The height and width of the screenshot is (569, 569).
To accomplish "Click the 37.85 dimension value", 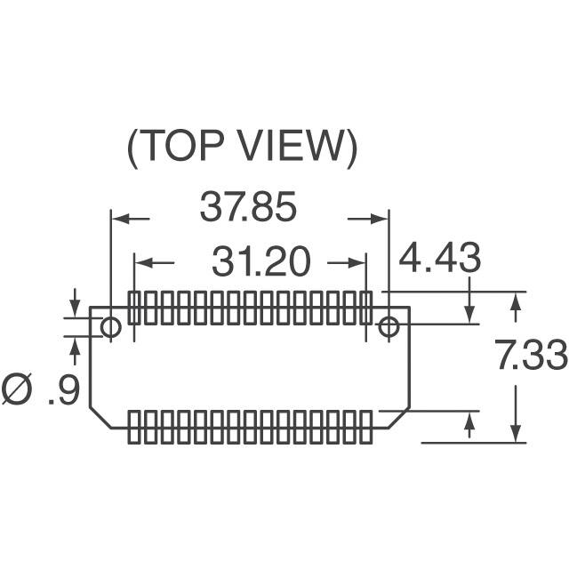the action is tap(248, 207).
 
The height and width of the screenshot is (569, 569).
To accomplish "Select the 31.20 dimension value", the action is tap(261, 260).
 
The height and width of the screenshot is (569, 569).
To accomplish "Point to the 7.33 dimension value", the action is tap(531, 354).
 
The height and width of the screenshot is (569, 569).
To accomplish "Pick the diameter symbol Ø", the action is tap(17, 389).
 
